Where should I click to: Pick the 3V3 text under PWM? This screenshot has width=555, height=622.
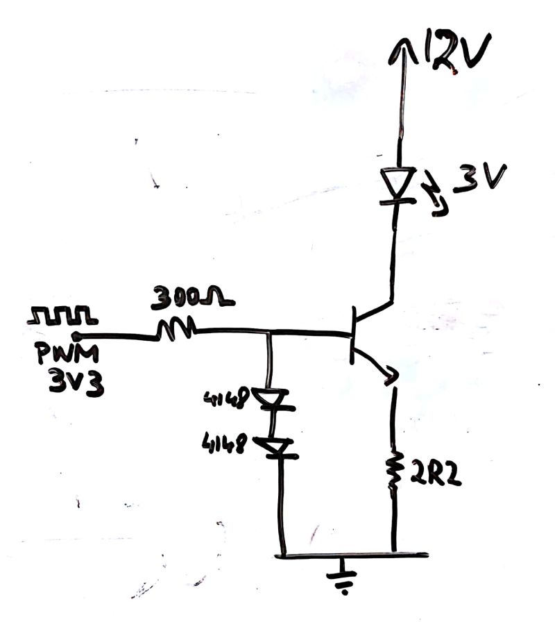76,383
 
